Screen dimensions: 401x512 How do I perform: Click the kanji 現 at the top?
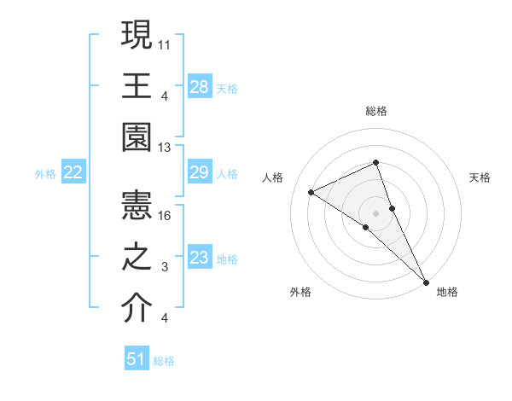(137, 35)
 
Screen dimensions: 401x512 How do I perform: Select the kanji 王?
(137, 87)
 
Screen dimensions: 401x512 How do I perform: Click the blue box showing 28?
(200, 86)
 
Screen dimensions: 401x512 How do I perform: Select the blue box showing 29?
(200, 173)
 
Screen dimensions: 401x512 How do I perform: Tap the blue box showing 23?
(200, 259)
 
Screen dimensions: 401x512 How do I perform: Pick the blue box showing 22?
(73, 173)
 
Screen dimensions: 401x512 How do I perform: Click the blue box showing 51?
(137, 360)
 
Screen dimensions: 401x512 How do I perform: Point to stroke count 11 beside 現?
(166, 43)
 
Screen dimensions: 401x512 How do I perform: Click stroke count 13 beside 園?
(166, 148)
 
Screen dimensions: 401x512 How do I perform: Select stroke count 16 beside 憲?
(166, 215)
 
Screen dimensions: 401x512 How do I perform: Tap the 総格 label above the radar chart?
(376, 111)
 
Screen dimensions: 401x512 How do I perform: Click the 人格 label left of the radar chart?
(273, 177)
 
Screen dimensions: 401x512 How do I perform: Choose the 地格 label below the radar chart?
(447, 292)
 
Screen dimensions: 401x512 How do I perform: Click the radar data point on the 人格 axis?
(311, 193)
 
